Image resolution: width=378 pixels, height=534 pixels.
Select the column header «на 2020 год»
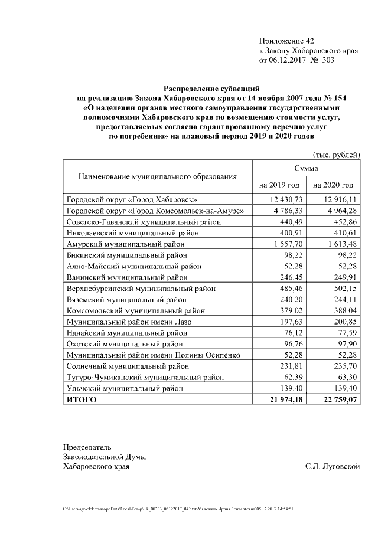333,185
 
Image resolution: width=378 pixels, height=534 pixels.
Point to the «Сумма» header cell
306,168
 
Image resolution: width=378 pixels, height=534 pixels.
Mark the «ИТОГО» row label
81,400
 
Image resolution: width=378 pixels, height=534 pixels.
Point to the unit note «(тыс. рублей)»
336,155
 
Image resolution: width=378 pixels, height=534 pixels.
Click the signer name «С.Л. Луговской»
333,467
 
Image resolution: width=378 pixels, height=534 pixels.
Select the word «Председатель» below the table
87,447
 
